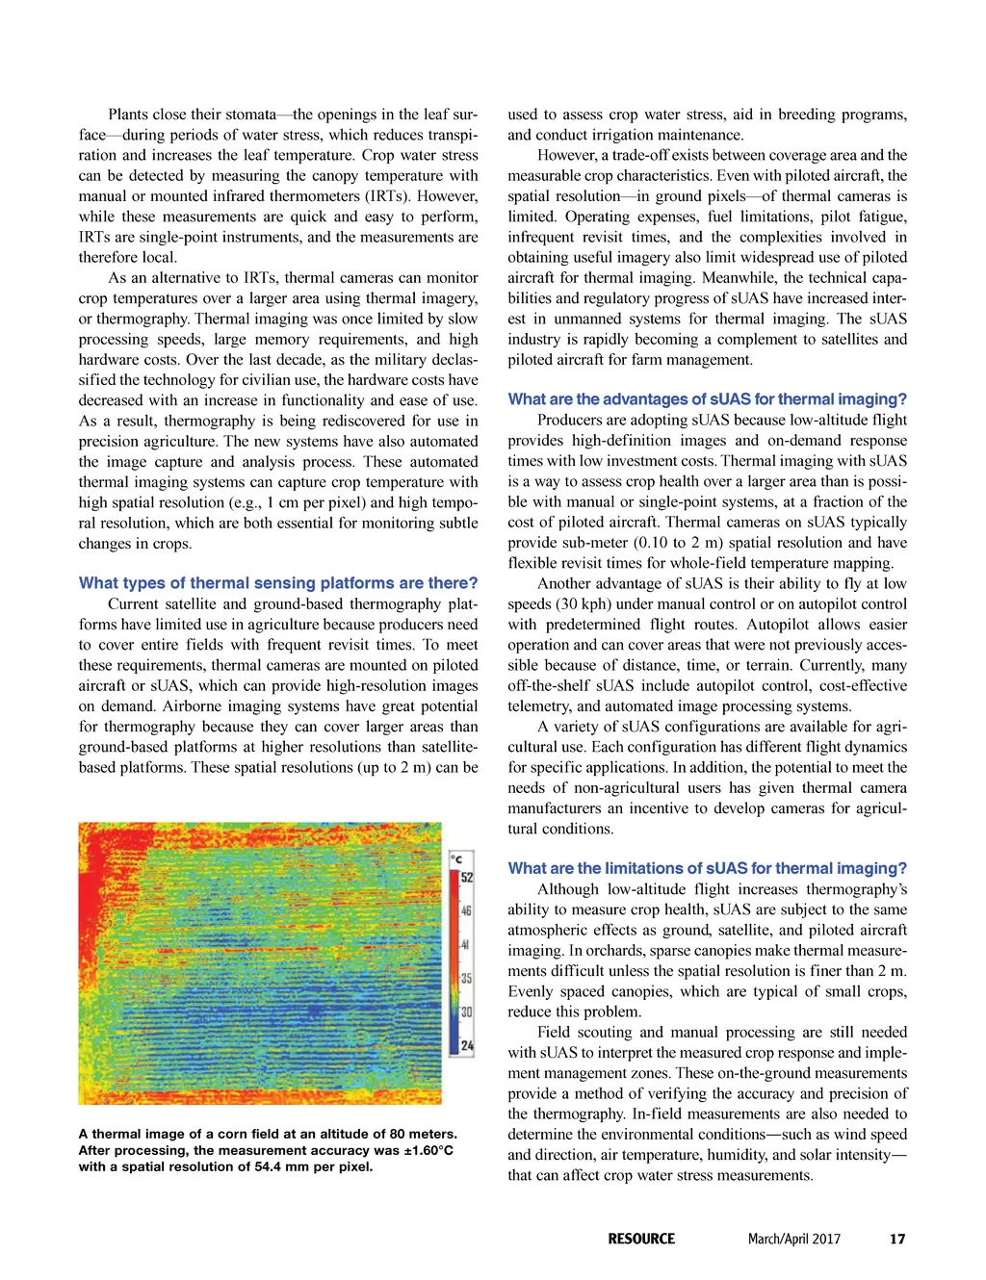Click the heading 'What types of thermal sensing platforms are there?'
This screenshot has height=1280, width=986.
(278, 583)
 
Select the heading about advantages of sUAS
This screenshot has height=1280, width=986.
(707, 399)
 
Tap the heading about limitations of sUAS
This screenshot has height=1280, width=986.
(707, 868)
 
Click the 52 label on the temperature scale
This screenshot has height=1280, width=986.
(467, 877)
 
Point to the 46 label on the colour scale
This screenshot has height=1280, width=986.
(467, 909)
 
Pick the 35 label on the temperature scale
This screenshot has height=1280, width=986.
(467, 978)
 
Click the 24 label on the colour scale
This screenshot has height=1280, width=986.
(467, 1045)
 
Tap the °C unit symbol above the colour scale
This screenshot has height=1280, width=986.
(457, 859)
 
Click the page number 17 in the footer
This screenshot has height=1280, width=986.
(897, 1239)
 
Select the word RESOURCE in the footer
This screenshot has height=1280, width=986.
(641, 1239)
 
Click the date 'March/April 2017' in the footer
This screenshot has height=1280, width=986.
(794, 1239)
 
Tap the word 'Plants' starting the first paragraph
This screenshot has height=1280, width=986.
(129, 115)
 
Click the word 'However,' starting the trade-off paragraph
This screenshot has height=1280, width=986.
(567, 155)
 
